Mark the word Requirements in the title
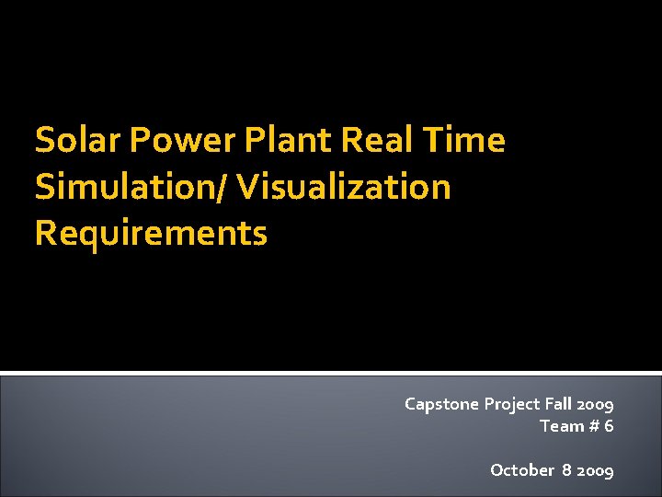(x=151, y=233)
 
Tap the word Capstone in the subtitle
(x=441, y=404)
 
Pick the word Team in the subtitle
(x=561, y=425)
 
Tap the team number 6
(x=609, y=425)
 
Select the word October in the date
(x=521, y=470)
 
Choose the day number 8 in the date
(x=567, y=470)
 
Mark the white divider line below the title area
(x=331, y=373)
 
